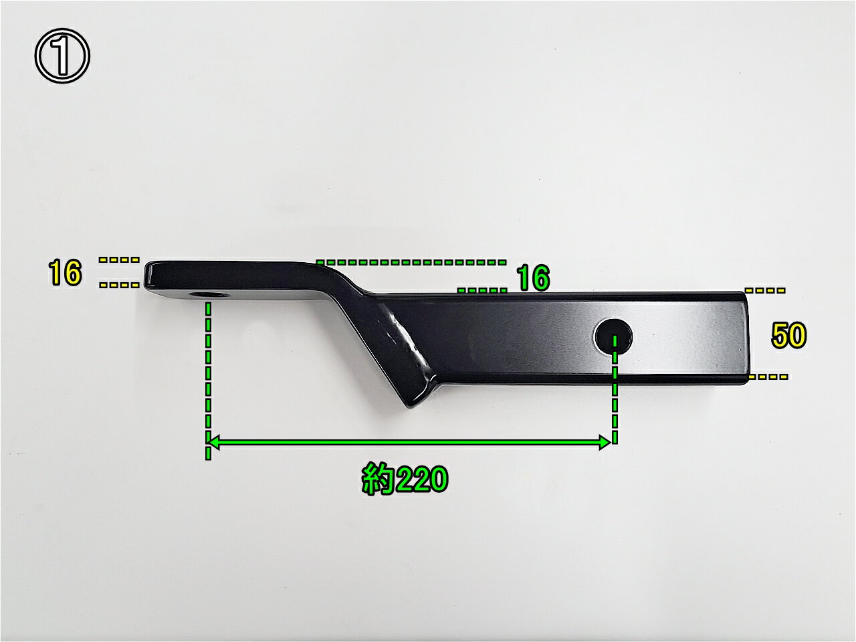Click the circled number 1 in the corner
pos(62,56)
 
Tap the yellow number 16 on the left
pos(65,272)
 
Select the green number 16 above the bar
pos(533,278)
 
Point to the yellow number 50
pos(788,335)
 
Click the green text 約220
pos(405,479)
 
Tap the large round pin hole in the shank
pos(613,336)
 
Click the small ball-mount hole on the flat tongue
pos(206,294)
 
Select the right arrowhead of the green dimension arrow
pos(605,443)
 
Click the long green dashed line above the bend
pos(411,261)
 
